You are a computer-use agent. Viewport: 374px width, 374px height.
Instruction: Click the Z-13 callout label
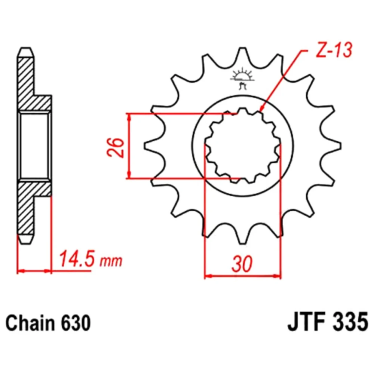click(334, 51)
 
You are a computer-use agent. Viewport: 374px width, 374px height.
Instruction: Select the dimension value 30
click(242, 264)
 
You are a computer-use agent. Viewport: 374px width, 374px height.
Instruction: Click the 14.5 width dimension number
click(76, 258)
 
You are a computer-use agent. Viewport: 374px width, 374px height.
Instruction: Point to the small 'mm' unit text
click(110, 261)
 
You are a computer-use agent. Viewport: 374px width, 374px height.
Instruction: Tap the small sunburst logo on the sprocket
click(241, 78)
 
